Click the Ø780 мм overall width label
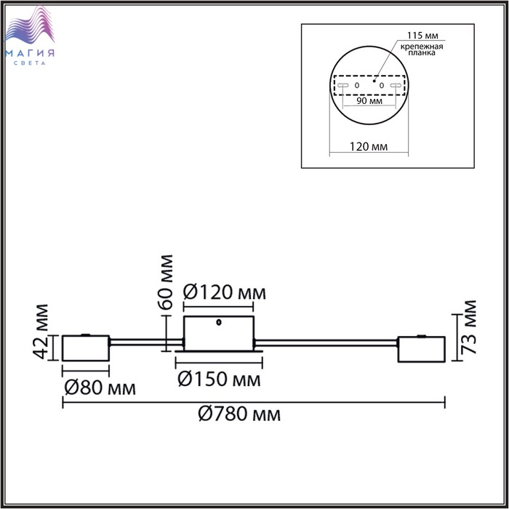click(239, 414)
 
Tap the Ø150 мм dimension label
click(219, 379)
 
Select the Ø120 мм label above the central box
click(224, 292)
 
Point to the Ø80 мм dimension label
click(100, 388)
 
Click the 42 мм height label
click(41, 332)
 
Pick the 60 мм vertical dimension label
click(165, 282)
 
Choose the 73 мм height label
click(469, 327)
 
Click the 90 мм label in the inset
click(369, 100)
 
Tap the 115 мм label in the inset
click(422, 35)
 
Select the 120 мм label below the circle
click(369, 147)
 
